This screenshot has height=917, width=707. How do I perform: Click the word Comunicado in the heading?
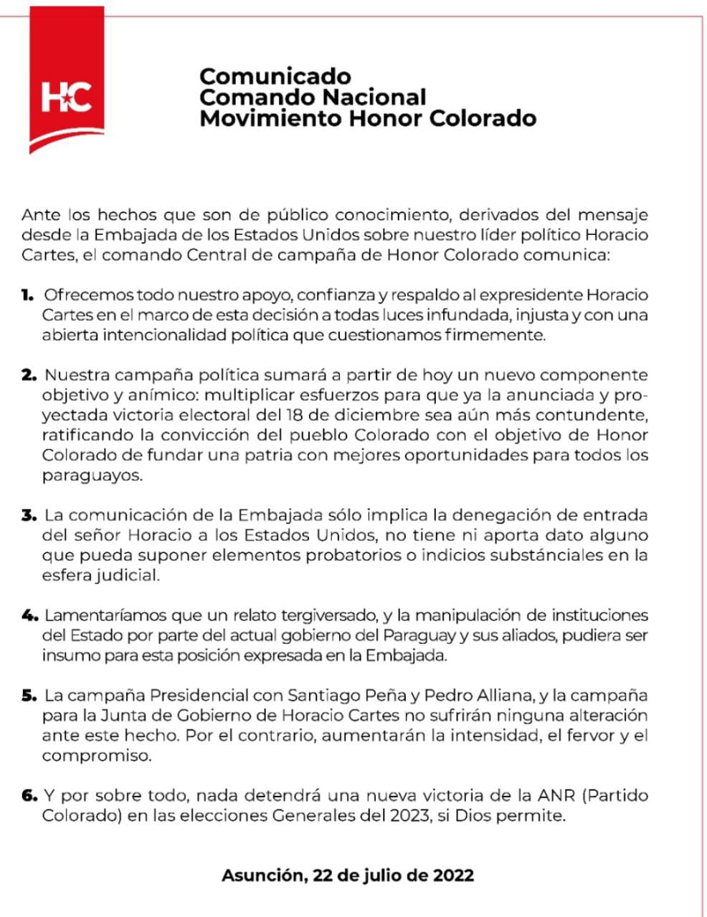275,76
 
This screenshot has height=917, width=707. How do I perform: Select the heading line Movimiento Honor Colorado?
368,117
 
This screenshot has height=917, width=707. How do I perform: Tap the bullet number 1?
28,294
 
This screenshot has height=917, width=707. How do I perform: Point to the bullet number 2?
29,375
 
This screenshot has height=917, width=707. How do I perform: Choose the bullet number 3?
29,515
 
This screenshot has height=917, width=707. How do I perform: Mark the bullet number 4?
29,615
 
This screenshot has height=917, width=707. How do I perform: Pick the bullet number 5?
29,696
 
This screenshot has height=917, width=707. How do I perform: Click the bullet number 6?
29,796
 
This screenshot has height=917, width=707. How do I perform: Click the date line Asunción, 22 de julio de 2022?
348,875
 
